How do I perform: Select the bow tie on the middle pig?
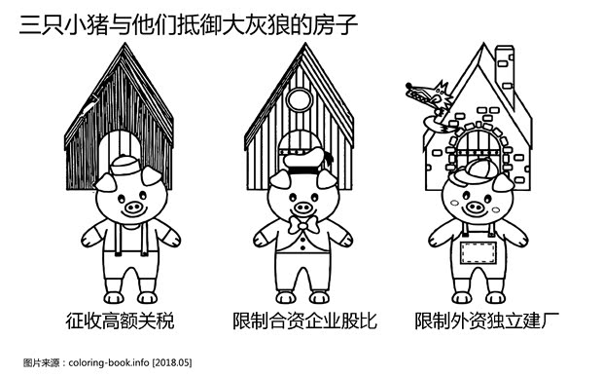pos(304,226)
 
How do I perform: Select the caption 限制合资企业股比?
pos(304,320)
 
